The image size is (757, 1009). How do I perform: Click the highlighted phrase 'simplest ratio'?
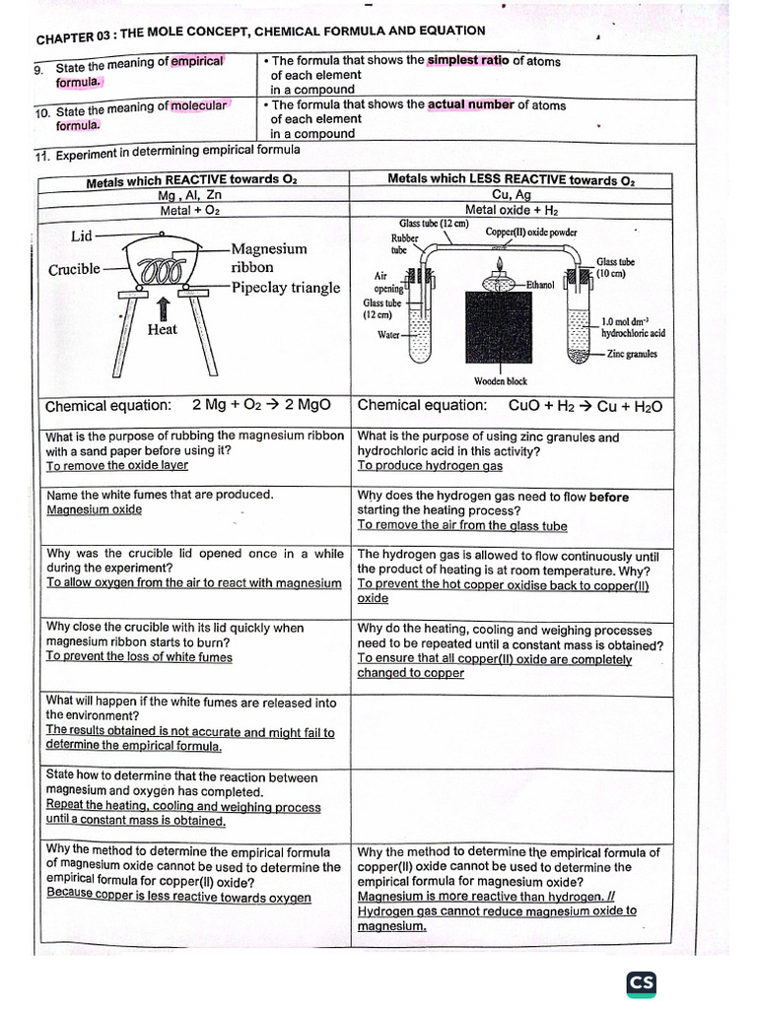click(x=467, y=61)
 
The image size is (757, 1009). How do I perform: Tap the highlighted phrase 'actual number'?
click(x=470, y=104)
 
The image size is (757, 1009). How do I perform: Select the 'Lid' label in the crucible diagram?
click(x=83, y=235)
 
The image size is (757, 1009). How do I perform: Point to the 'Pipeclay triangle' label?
click(x=285, y=288)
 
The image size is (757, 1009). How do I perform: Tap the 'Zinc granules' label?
click(x=632, y=354)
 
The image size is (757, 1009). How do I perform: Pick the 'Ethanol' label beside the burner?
click(x=540, y=284)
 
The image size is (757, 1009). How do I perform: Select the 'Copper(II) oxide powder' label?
click(x=531, y=233)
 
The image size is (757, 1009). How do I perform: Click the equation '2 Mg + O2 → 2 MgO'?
click(x=261, y=406)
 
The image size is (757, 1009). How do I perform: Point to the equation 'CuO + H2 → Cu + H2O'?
click(x=585, y=406)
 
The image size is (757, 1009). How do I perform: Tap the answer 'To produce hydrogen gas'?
click(x=429, y=465)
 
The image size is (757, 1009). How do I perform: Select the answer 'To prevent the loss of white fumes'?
click(x=139, y=656)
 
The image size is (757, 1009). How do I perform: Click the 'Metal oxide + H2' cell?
click(x=511, y=209)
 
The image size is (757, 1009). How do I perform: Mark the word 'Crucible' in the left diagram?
click(x=74, y=269)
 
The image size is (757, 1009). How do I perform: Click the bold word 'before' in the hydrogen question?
click(x=608, y=497)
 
